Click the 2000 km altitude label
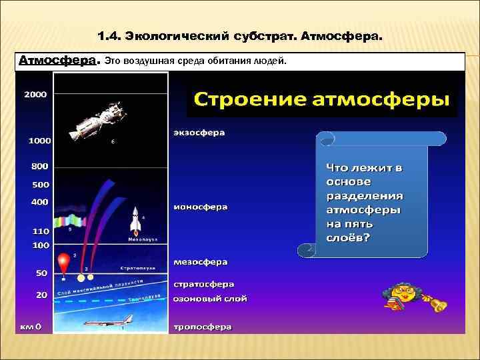point(35,95)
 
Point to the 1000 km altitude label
point(39,141)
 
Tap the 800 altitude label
point(40,166)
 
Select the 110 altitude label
point(41,231)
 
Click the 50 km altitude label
point(41,273)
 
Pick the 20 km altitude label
point(41,294)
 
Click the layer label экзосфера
point(199,133)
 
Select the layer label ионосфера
point(200,207)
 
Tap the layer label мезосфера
point(200,263)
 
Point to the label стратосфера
point(203,283)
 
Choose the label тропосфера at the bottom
point(203,327)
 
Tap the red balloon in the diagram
point(65,260)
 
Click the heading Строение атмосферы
point(321,100)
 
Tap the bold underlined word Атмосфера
point(58,61)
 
